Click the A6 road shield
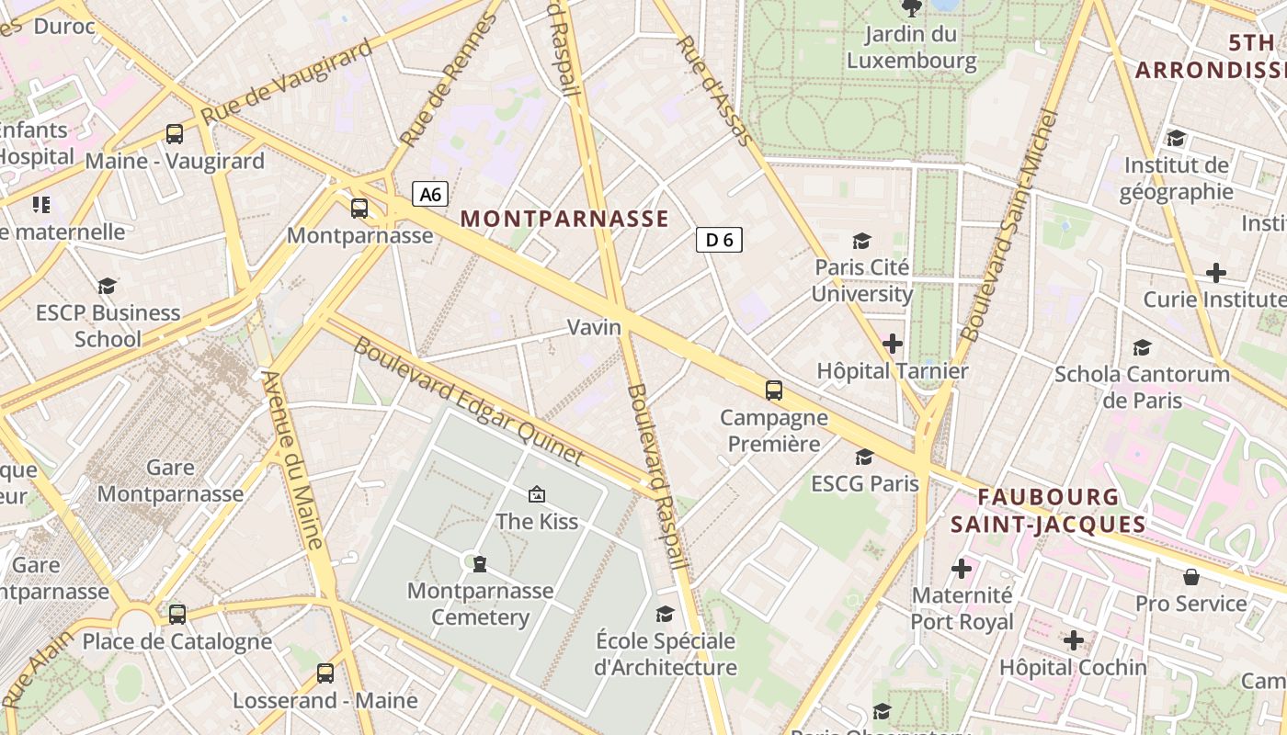click(430, 194)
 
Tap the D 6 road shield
click(719, 240)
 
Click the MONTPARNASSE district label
click(564, 219)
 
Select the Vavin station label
click(594, 327)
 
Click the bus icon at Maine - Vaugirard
click(175, 134)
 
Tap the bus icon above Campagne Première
click(774, 390)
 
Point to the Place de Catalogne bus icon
click(177, 614)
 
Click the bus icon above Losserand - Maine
click(325, 673)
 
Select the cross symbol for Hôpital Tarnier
click(892, 344)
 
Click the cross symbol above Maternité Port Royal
click(962, 569)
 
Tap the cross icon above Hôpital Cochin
click(1073, 640)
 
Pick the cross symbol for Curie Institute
click(1216, 273)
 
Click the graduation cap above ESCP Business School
click(108, 286)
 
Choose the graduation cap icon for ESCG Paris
click(864, 457)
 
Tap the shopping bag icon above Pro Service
click(1191, 577)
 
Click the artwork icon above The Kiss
click(537, 495)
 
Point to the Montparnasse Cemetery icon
click(479, 563)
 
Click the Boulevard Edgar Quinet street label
click(469, 401)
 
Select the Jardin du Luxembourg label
click(911, 48)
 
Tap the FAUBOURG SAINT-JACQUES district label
click(1048, 511)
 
